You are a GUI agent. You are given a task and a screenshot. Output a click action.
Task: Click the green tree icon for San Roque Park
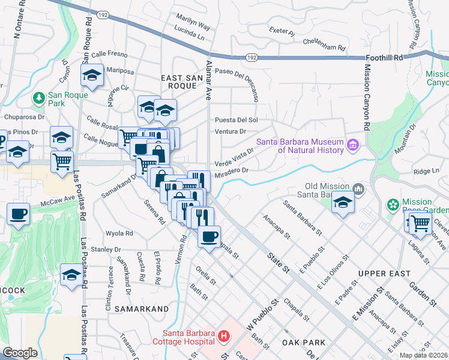[39, 97]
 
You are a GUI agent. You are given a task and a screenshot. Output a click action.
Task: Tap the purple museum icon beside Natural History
[352, 145]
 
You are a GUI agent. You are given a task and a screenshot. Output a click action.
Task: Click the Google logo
[20, 353]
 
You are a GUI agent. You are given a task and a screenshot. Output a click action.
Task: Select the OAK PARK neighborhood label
[303, 343]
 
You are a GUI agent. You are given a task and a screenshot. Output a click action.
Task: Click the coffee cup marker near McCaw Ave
[18, 214]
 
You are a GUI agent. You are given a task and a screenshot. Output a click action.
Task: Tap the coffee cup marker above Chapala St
[209, 236]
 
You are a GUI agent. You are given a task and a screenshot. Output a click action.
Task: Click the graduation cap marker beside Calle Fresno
[92, 75]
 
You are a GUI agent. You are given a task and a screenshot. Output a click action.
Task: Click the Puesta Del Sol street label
[237, 120]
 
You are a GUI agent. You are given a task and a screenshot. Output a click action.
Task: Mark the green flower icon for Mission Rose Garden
[393, 205]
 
